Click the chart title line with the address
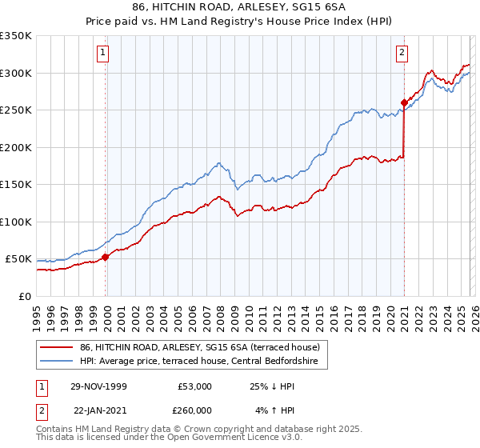coord(240,6)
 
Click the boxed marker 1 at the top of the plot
coord(104,54)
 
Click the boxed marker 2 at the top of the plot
coord(401,54)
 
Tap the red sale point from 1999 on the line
coord(106,257)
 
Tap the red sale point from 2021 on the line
coord(404,102)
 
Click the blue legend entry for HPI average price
coord(198,362)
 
